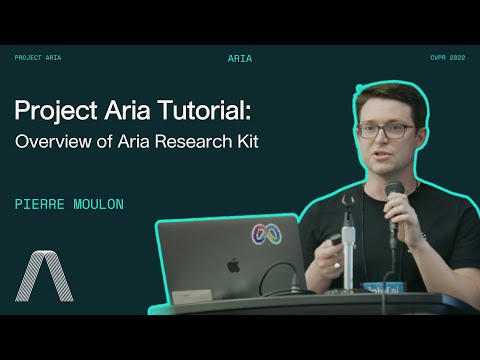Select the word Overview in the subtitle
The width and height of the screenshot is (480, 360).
pyautogui.click(x=50, y=141)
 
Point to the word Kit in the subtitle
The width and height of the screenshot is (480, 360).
pyautogui.click(x=246, y=141)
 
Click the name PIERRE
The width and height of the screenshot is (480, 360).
pyautogui.click(x=41, y=203)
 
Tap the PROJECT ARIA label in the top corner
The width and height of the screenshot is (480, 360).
pyautogui.click(x=38, y=58)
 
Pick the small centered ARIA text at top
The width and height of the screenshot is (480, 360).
pyautogui.click(x=240, y=59)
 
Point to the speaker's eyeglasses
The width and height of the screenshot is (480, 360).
pyautogui.click(x=382, y=131)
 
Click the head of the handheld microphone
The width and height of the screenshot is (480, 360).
pyautogui.click(x=394, y=190)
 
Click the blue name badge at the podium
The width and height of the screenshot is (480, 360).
pyautogui.click(x=379, y=288)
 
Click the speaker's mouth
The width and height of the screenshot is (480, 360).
pyautogui.click(x=382, y=160)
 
